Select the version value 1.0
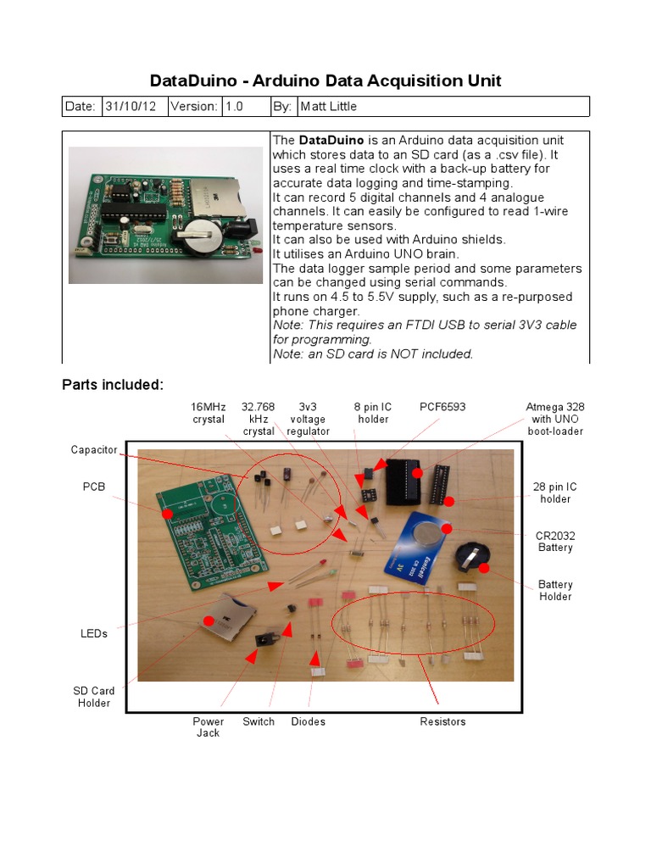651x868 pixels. coord(233,106)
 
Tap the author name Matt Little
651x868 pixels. coord(328,106)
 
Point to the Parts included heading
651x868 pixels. coord(112,385)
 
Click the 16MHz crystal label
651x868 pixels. coord(208,413)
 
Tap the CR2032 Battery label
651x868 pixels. coord(554,542)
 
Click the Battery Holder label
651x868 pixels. coord(555,590)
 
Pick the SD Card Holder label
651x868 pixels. coord(94,697)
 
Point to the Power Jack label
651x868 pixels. coord(208,726)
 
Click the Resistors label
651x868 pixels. coord(442,721)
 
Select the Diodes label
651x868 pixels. coord(308,721)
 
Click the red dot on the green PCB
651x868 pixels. coord(167,514)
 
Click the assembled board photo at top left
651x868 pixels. coord(165,215)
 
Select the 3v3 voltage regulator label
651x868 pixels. coord(307,419)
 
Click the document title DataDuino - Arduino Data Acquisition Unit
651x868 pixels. coord(325,81)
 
